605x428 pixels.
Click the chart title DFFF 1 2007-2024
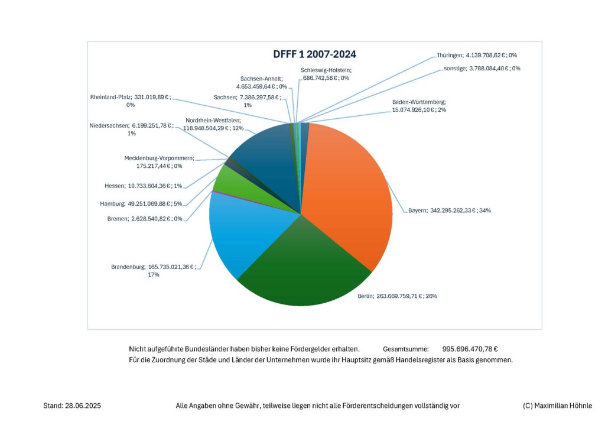[314, 54]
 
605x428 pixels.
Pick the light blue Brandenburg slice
[248, 231]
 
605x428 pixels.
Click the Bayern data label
[449, 210]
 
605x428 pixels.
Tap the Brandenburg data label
[152, 271]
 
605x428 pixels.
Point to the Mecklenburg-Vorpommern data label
[159, 163]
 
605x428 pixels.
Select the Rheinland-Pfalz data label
[130, 100]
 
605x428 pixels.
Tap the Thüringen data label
[477, 55]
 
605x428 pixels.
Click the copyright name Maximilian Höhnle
[564, 406]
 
